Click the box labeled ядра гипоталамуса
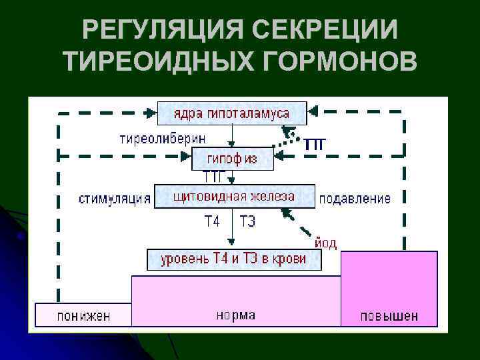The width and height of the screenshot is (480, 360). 232,113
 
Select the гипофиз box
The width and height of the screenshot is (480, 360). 232,159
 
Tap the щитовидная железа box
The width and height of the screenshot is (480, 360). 233,197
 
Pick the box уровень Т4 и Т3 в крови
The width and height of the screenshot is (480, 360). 233,259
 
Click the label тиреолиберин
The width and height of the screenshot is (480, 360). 163,139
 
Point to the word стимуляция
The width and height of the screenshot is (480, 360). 115,199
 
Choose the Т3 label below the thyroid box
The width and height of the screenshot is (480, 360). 247,221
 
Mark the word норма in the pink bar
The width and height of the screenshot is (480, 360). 235,314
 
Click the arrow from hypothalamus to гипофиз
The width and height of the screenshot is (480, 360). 231,137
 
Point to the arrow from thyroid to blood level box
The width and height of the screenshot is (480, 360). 231,229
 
